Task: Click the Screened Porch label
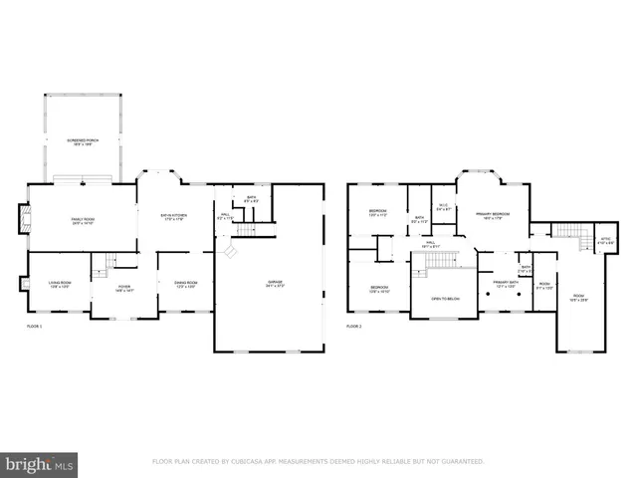point(82,142)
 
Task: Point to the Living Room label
point(58,286)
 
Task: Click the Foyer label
point(111,289)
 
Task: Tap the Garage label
point(274,284)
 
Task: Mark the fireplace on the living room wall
point(23,284)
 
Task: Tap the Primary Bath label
point(495,286)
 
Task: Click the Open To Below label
point(444,298)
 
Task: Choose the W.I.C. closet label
point(443,208)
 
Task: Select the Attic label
point(604,241)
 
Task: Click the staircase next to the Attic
point(568,235)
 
